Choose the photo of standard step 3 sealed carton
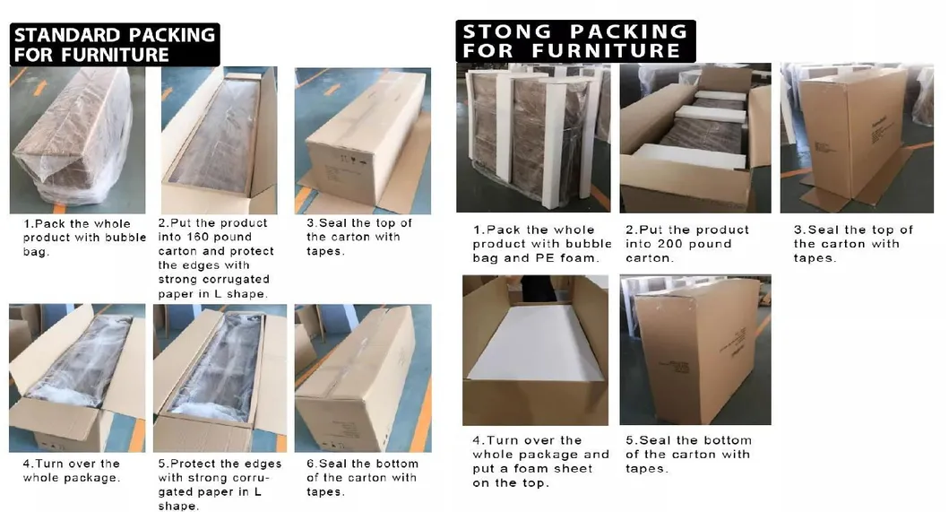[x=362, y=140]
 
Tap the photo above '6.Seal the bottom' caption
[x=362, y=377]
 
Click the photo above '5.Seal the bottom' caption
[x=694, y=351]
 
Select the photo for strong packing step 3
[x=857, y=137]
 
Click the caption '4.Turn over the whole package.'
[x=72, y=471]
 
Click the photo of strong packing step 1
[x=532, y=137]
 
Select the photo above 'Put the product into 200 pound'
[x=694, y=137]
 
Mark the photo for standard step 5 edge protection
[x=220, y=377]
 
